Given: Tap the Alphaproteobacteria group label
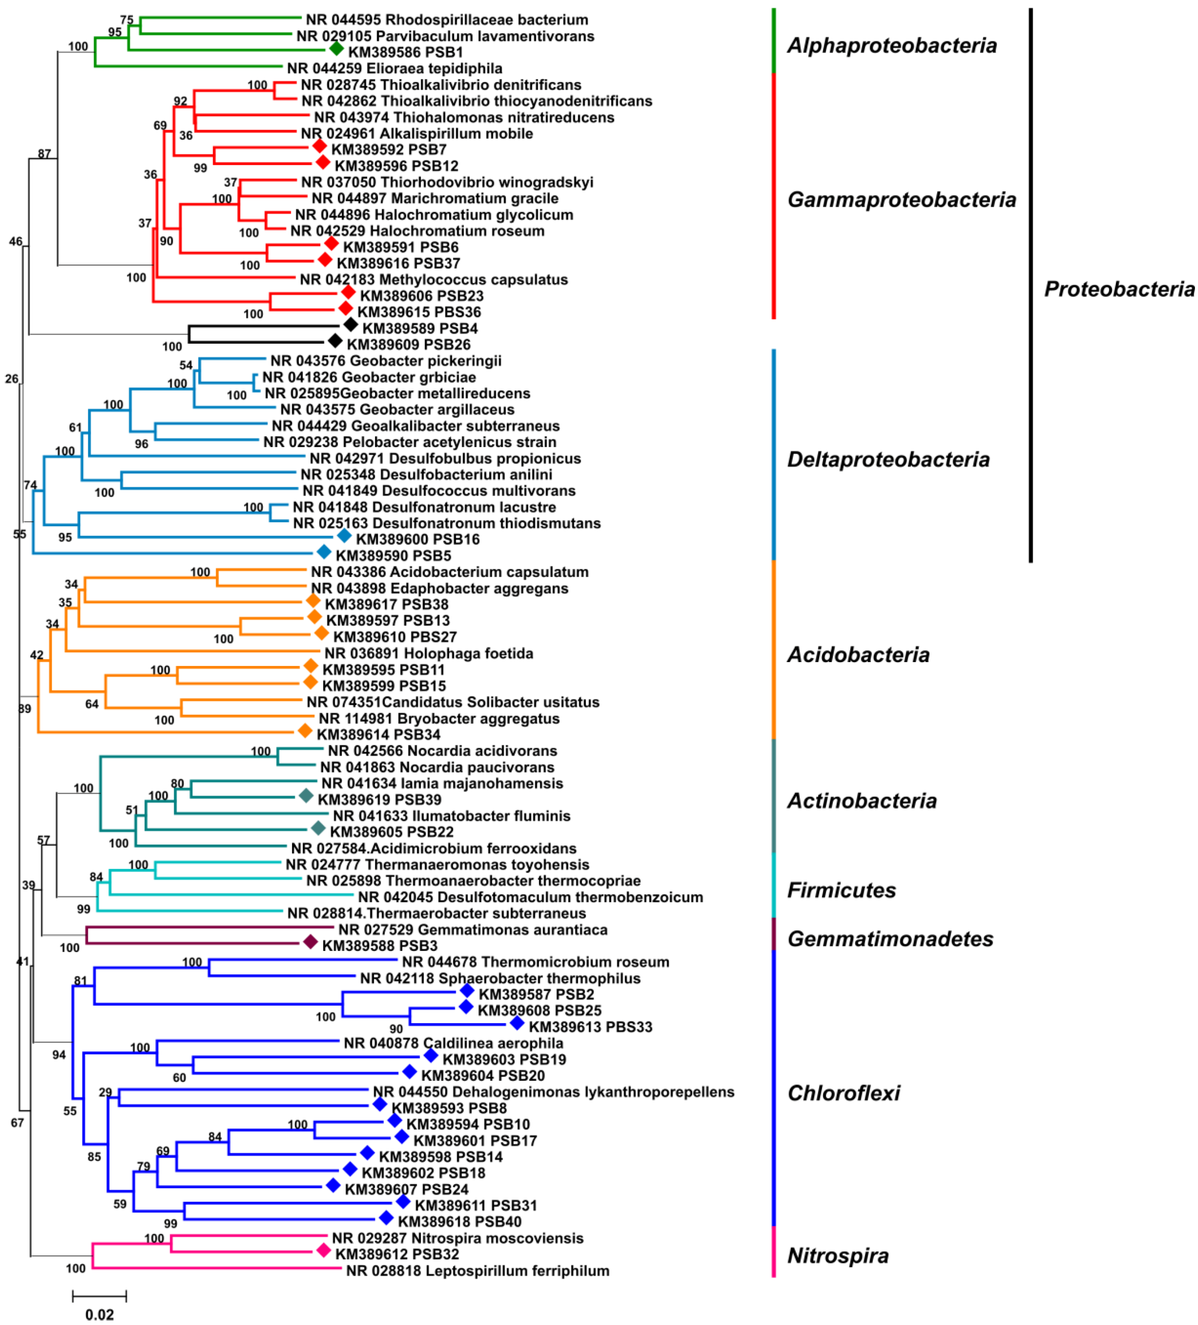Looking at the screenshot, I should point(892,45).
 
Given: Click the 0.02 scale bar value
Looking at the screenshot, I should point(99,1314).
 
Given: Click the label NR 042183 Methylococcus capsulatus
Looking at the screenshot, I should point(433,279).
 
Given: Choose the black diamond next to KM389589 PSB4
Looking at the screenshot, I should point(351,324).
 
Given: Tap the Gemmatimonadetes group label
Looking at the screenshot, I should point(890,938).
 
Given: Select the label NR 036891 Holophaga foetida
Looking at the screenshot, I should point(429,653).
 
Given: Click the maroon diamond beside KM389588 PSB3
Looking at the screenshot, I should point(310,942).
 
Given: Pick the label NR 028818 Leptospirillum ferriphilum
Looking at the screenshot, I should point(478,1270).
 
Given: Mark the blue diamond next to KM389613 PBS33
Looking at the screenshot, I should point(517,1023).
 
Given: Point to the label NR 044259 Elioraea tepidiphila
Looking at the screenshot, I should point(395,68).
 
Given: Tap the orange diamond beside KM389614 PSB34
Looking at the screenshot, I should point(305,731).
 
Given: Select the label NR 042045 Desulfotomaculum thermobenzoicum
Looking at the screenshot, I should point(530,897).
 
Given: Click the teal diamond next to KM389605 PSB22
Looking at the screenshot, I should point(318,828).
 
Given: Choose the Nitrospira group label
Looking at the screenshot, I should point(838,1255).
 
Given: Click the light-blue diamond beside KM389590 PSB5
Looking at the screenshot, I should point(323,551).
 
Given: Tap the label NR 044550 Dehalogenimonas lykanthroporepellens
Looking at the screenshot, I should point(554,1092).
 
